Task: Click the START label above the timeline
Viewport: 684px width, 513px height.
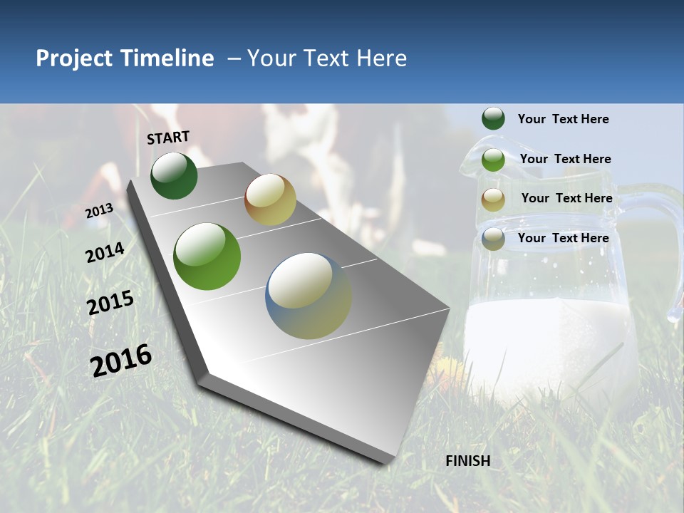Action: (x=168, y=138)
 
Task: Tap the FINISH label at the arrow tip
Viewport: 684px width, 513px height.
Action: (x=467, y=461)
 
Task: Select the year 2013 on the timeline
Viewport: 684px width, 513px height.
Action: (x=99, y=211)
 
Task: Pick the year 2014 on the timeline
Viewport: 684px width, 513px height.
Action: (x=105, y=253)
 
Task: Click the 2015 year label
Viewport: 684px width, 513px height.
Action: (x=110, y=303)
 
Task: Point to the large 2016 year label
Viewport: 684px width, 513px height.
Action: (x=121, y=360)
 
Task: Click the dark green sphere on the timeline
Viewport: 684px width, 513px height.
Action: (x=174, y=176)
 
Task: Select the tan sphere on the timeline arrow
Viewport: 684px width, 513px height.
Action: (x=270, y=199)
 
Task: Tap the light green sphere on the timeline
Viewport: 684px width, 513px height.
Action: (x=207, y=256)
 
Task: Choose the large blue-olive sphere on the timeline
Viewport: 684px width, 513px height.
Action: (x=309, y=296)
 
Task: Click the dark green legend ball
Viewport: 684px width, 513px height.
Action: (x=493, y=119)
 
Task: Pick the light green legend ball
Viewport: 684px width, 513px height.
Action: (x=493, y=160)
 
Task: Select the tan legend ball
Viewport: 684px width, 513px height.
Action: (x=493, y=199)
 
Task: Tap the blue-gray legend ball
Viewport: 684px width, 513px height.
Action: (x=493, y=239)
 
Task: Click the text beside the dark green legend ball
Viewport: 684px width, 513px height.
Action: (x=563, y=120)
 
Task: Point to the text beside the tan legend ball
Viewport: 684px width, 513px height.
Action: (x=566, y=198)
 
